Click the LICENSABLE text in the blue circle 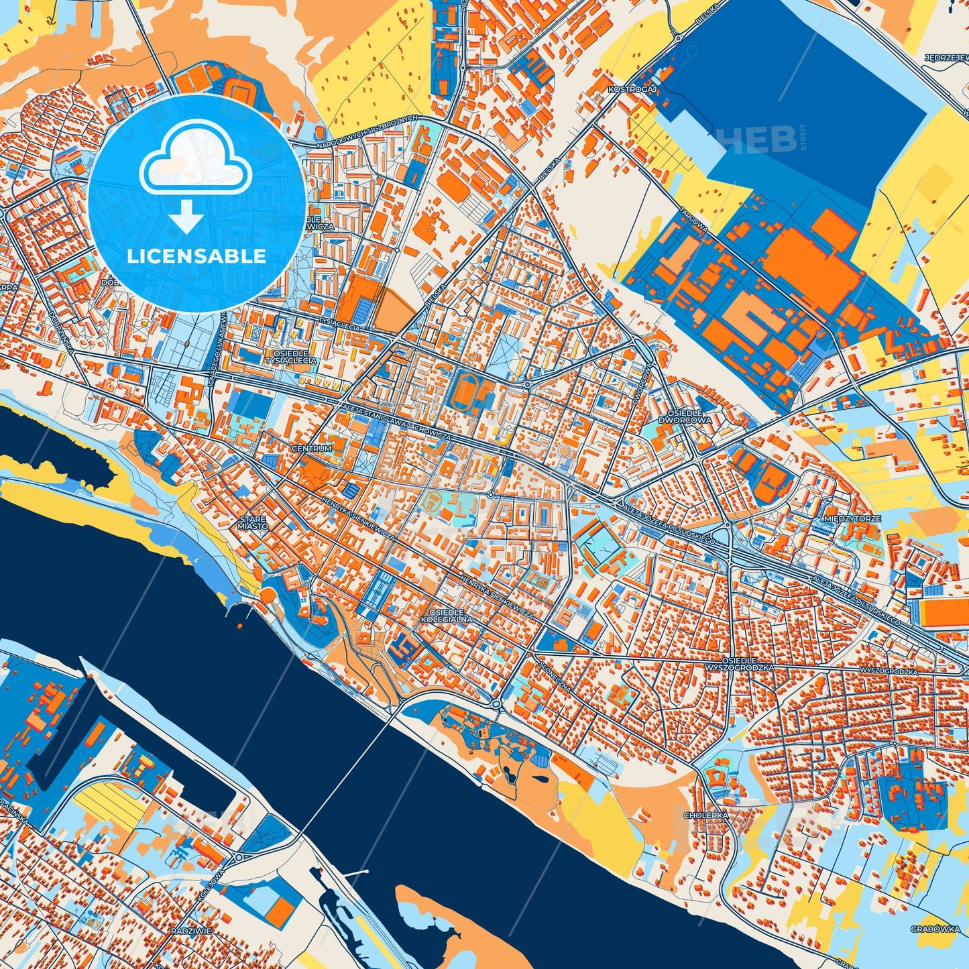tap(197, 256)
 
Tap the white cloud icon tap(195, 161)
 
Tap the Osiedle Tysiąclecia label tap(291, 357)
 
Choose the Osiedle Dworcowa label tap(690, 416)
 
